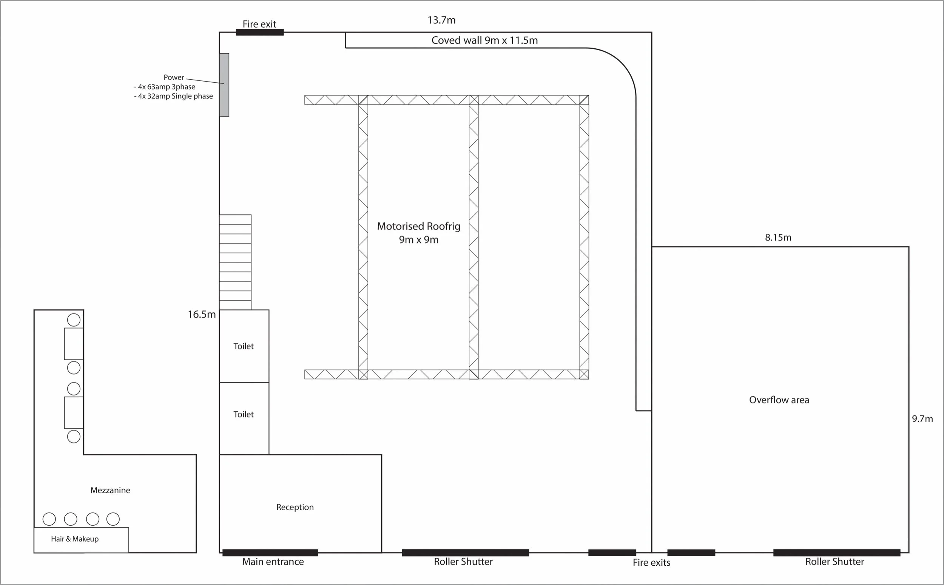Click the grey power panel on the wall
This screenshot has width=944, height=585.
pyautogui.click(x=224, y=85)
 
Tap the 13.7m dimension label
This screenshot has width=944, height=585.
pyautogui.click(x=441, y=20)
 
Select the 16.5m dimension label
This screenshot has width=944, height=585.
pyautogui.click(x=202, y=315)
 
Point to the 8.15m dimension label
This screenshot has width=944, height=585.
pyautogui.click(x=778, y=238)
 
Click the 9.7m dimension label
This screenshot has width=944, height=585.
pyautogui.click(x=922, y=418)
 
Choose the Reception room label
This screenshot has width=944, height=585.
pyautogui.click(x=295, y=507)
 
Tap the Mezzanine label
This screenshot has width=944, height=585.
pyautogui.click(x=110, y=490)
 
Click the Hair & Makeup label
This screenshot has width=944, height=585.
pyautogui.click(x=75, y=539)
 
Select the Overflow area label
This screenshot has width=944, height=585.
pyautogui.click(x=779, y=400)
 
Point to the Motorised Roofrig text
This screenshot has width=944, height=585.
pyautogui.click(x=418, y=226)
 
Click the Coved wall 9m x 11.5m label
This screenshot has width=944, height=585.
pyautogui.click(x=484, y=40)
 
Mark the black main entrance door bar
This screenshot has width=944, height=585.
pyautogui.click(x=270, y=553)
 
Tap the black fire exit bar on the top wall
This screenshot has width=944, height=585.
pyautogui.click(x=259, y=32)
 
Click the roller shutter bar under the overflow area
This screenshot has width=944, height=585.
pyautogui.click(x=836, y=553)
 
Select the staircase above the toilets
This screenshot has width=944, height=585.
pyautogui.click(x=235, y=262)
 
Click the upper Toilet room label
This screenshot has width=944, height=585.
pyautogui.click(x=243, y=346)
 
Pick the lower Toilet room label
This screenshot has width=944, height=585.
pyautogui.click(x=243, y=414)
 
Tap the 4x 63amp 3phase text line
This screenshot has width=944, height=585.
pyautogui.click(x=165, y=86)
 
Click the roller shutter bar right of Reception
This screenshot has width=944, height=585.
pyautogui.click(x=465, y=553)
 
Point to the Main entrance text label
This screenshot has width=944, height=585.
pyautogui.click(x=273, y=562)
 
